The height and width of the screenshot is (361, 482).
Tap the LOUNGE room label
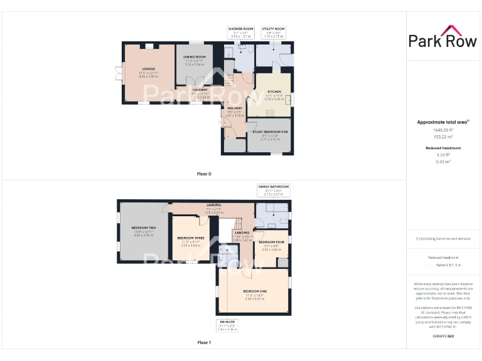coord(149,68)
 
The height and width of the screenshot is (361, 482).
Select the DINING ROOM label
coord(195,57)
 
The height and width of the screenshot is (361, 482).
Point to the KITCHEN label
coord(274,92)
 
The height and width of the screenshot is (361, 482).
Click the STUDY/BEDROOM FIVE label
coord(270,132)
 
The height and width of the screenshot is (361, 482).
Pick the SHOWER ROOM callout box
coord(240,31)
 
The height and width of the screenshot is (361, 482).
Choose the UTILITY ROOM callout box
coord(273,31)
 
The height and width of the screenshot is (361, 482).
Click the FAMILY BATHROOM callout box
coord(274,189)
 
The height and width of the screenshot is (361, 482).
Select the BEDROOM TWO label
coord(144,228)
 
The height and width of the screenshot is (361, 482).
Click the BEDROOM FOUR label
coord(272,242)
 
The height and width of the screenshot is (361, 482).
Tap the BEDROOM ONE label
coord(255,291)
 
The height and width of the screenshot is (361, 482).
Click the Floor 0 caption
coord(204,174)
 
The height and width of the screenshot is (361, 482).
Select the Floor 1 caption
coord(204,343)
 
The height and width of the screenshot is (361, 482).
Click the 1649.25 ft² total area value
coord(443,130)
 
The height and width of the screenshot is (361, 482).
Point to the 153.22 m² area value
coord(443,136)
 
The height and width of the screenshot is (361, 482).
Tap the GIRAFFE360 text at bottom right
coord(442,337)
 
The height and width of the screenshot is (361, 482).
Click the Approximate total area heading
coord(442,122)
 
